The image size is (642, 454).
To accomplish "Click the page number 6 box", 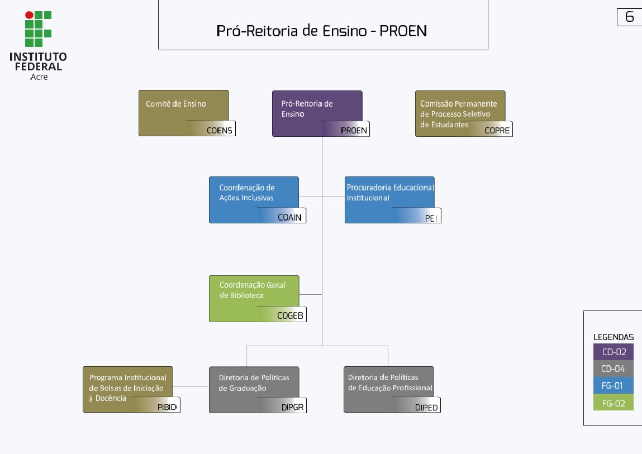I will [x=629, y=17].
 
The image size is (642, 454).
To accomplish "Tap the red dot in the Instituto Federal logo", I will [x=29, y=15].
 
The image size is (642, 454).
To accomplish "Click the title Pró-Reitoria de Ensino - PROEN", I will [x=322, y=31].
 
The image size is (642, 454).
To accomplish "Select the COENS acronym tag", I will [x=219, y=131].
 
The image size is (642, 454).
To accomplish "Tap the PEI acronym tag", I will [x=431, y=218].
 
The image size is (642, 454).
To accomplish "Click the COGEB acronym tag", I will [x=290, y=316].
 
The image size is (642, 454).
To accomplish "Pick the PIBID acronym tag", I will [x=167, y=407].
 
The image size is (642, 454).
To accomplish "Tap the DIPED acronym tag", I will [x=426, y=408].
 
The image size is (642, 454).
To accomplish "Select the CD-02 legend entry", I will [x=614, y=352].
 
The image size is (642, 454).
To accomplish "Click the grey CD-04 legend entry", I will [x=614, y=369].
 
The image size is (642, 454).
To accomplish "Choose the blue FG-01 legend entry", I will [x=614, y=386].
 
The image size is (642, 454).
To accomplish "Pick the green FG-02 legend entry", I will [x=614, y=403].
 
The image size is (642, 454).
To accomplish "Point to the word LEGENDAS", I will [x=614, y=337].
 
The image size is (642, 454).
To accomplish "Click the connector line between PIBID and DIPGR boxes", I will [x=191, y=386].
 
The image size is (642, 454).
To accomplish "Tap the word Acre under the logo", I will [x=39, y=77].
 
